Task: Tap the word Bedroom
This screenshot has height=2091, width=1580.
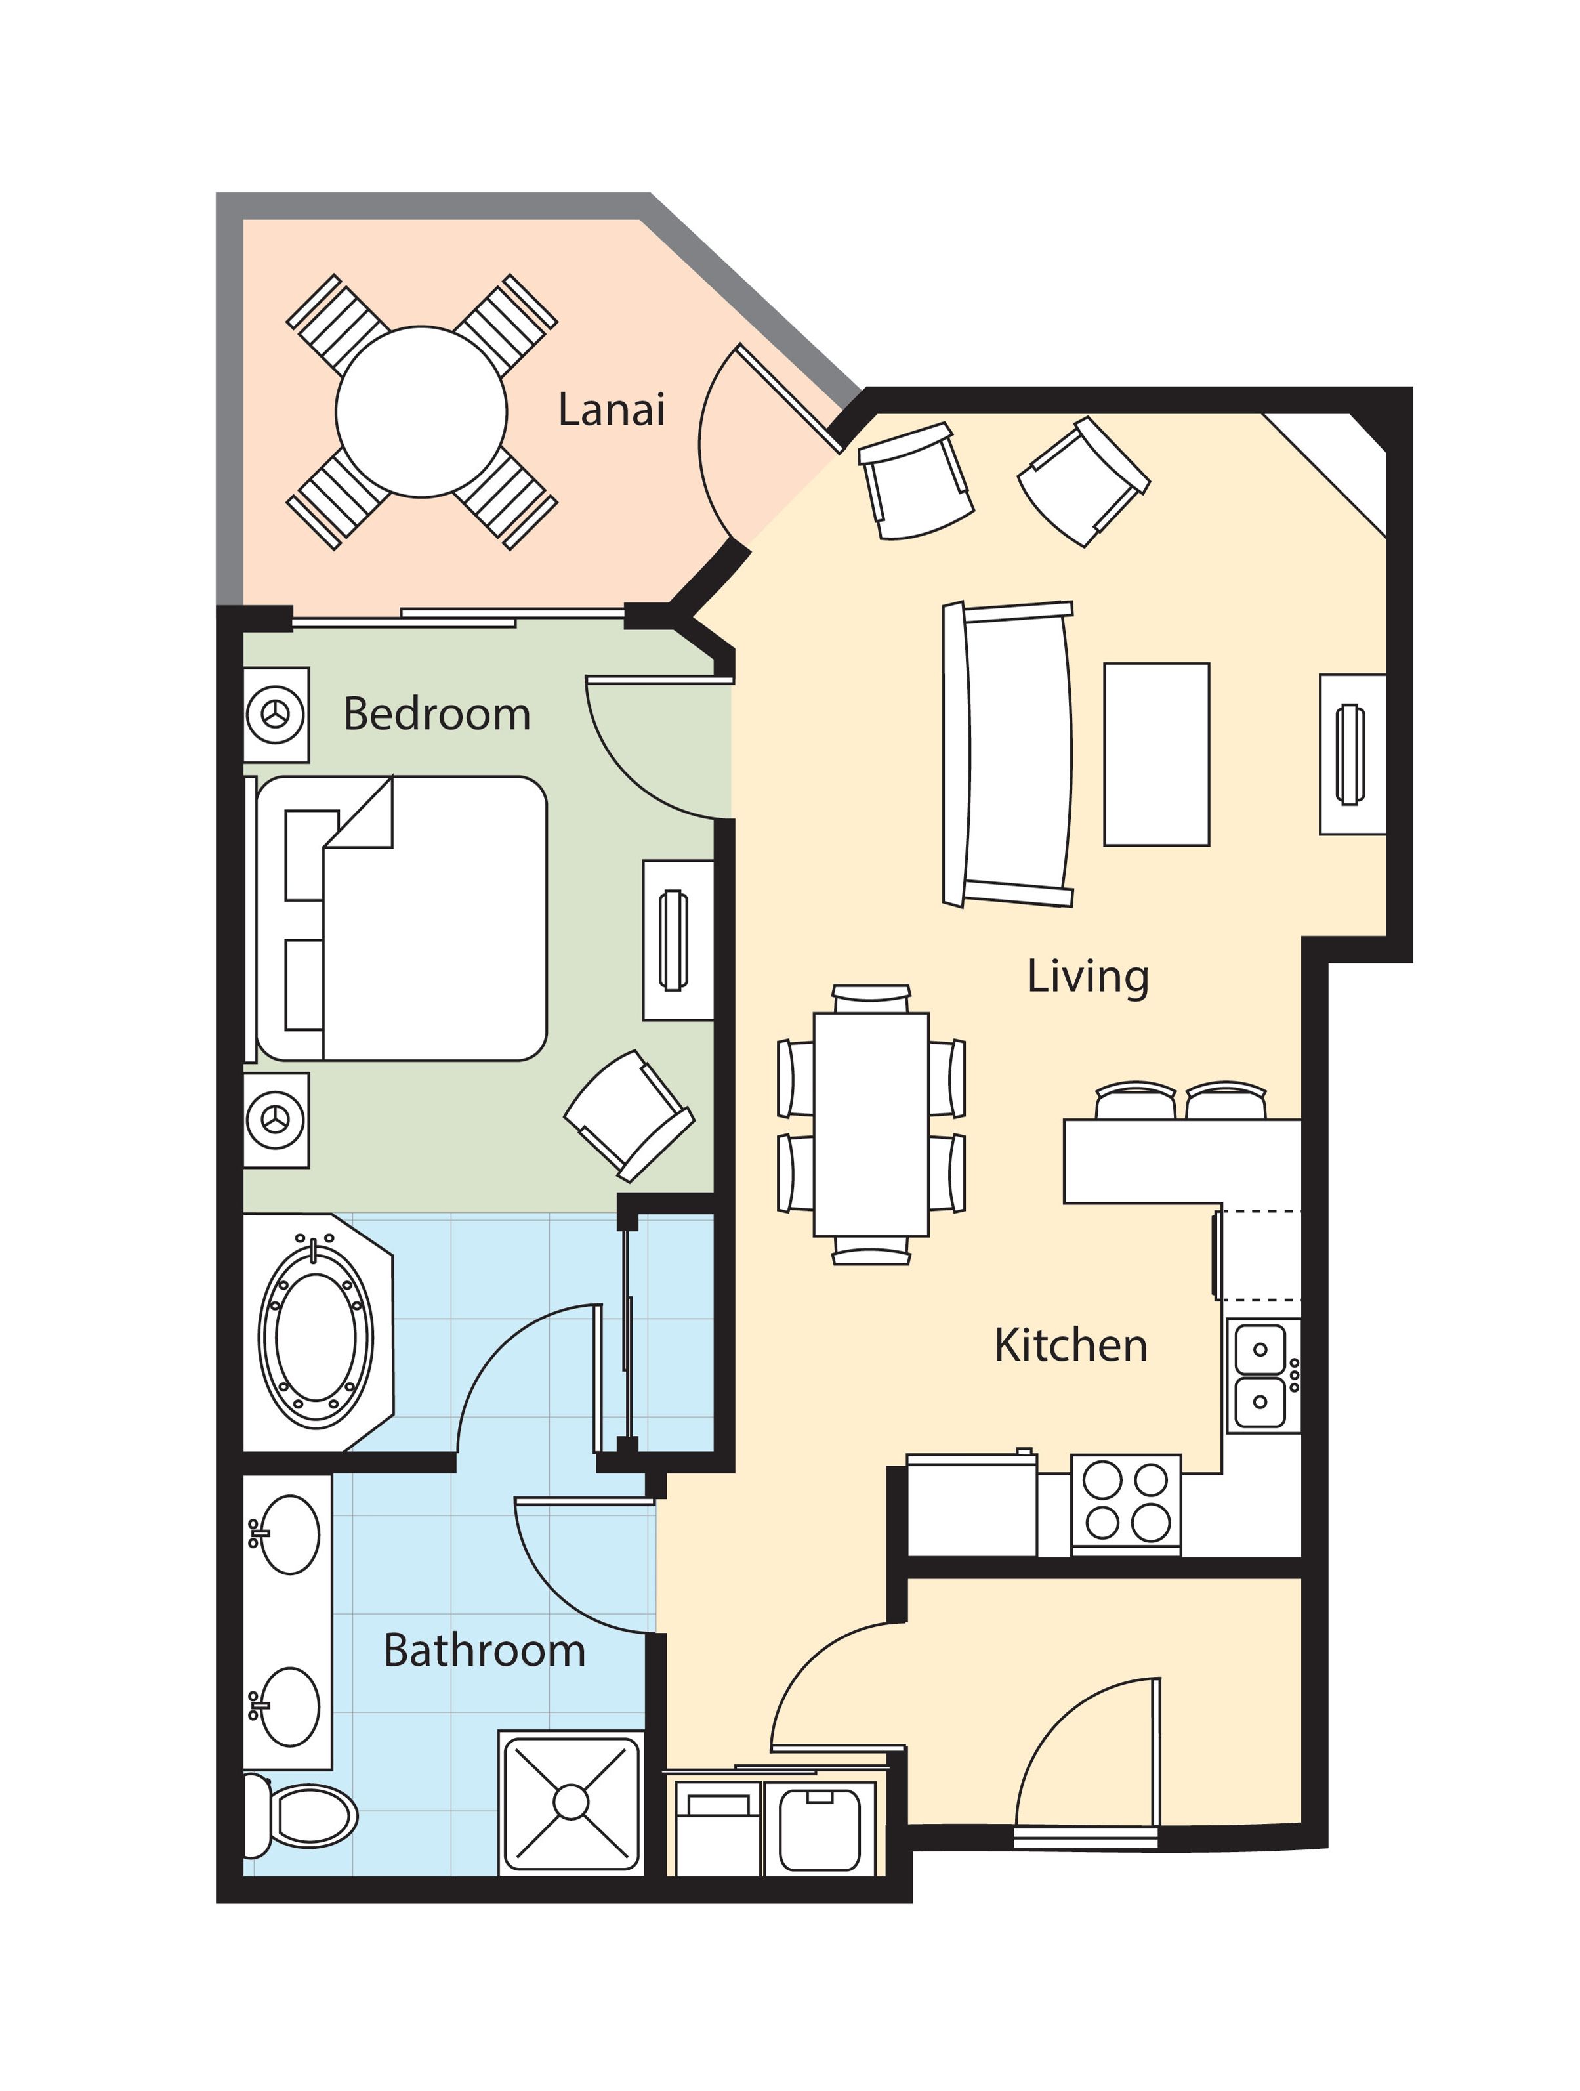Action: point(436,713)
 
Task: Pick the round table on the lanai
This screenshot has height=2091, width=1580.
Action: point(421,412)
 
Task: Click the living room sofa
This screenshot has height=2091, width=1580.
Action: point(1007,753)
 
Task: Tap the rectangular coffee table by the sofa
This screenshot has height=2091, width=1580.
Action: point(1155,753)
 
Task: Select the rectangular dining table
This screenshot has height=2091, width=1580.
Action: point(870,1124)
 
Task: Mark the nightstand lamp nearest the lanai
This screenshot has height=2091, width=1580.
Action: point(276,715)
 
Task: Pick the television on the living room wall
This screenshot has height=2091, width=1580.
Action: point(1350,753)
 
